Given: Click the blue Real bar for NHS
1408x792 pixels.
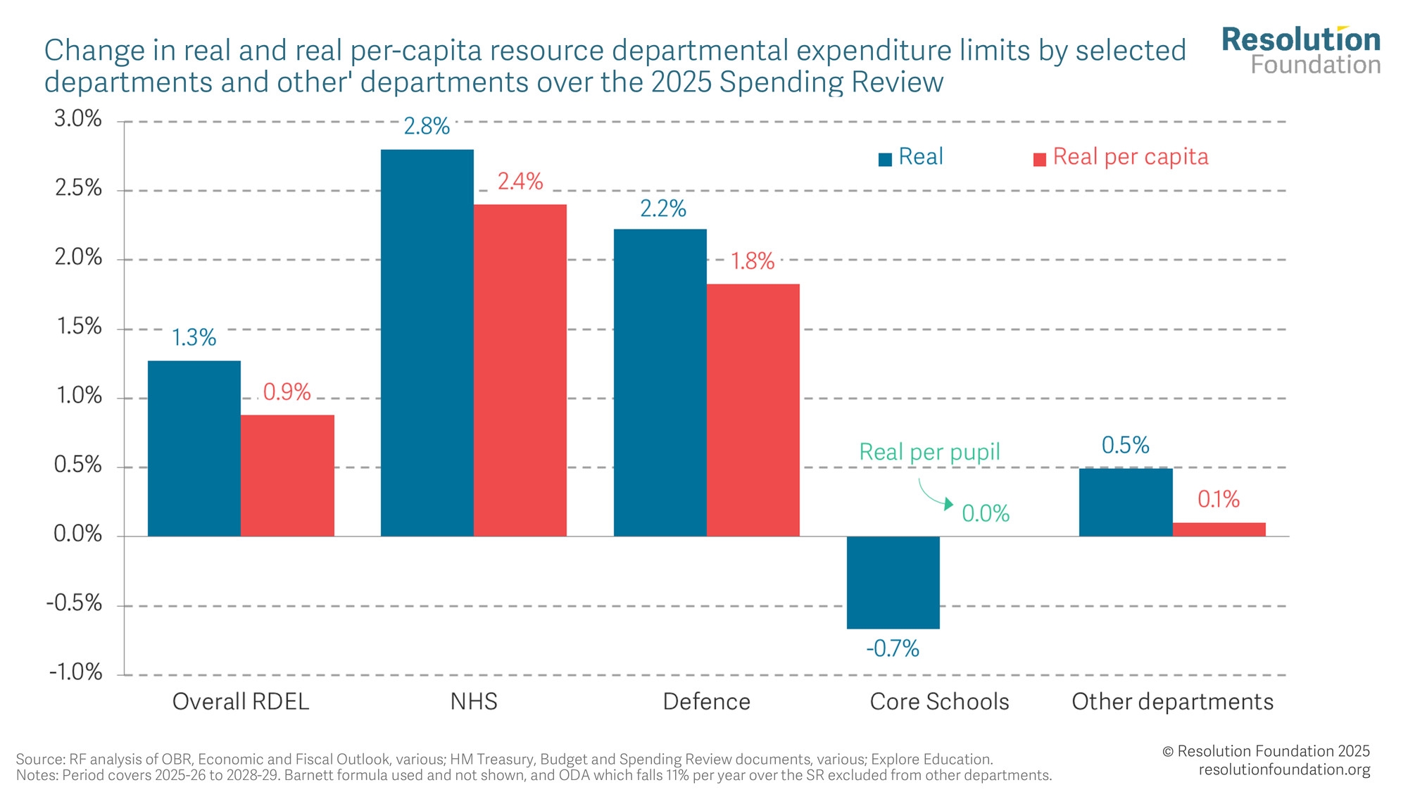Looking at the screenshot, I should click(427, 343).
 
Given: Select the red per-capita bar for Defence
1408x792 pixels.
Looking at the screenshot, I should click(753, 410).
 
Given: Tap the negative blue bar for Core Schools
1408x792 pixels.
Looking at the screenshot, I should click(893, 582).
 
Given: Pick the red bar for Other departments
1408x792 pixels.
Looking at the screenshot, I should click(1219, 529).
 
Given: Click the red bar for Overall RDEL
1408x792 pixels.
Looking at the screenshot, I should click(287, 475).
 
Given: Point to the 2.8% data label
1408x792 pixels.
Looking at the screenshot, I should click(427, 127).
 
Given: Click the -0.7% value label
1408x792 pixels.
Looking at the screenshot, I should click(893, 648).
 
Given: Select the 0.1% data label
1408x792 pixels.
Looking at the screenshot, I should click(1219, 500).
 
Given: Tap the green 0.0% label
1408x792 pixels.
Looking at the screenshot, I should click(986, 514).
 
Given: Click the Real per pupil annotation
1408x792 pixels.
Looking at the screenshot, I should click(929, 452).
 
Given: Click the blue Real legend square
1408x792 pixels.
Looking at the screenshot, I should click(886, 159).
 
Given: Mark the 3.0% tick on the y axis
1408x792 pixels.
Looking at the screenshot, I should click(78, 119).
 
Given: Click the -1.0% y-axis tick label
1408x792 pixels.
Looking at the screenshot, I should click(76, 672).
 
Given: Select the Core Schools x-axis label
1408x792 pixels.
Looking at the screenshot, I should click(939, 702).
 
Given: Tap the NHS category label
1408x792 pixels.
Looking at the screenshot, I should click(474, 702).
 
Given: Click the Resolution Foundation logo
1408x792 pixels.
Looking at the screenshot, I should click(1302, 51).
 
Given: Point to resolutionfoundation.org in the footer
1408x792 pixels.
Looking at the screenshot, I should click(1284, 770).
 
